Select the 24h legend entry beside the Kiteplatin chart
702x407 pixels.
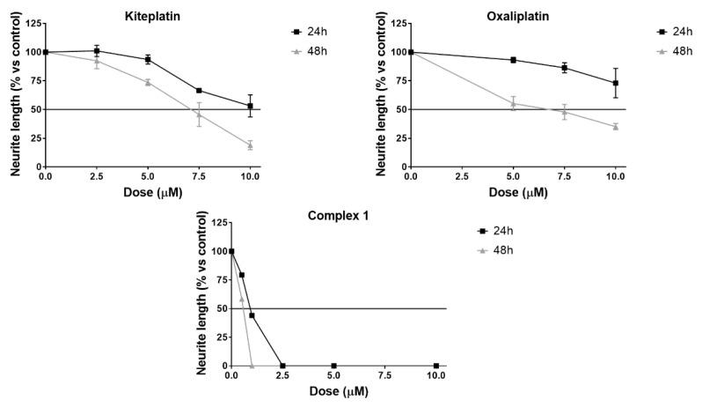pos(307,32)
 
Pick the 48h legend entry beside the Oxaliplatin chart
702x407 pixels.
pos(671,52)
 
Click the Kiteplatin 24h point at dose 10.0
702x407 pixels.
pos(250,106)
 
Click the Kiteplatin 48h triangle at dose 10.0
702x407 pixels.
pos(250,145)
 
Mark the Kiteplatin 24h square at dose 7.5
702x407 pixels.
pos(199,90)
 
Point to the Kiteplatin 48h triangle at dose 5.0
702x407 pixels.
pos(148,82)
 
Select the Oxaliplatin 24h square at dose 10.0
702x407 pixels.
pos(615,83)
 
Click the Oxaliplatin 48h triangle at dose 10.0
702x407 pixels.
pos(615,127)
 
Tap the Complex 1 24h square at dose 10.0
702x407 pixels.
pos(436,366)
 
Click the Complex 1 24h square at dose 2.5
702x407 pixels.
pos(282,366)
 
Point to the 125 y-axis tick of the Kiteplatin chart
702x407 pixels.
pos(28,22)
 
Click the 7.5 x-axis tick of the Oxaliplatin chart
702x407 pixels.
pos(564,177)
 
